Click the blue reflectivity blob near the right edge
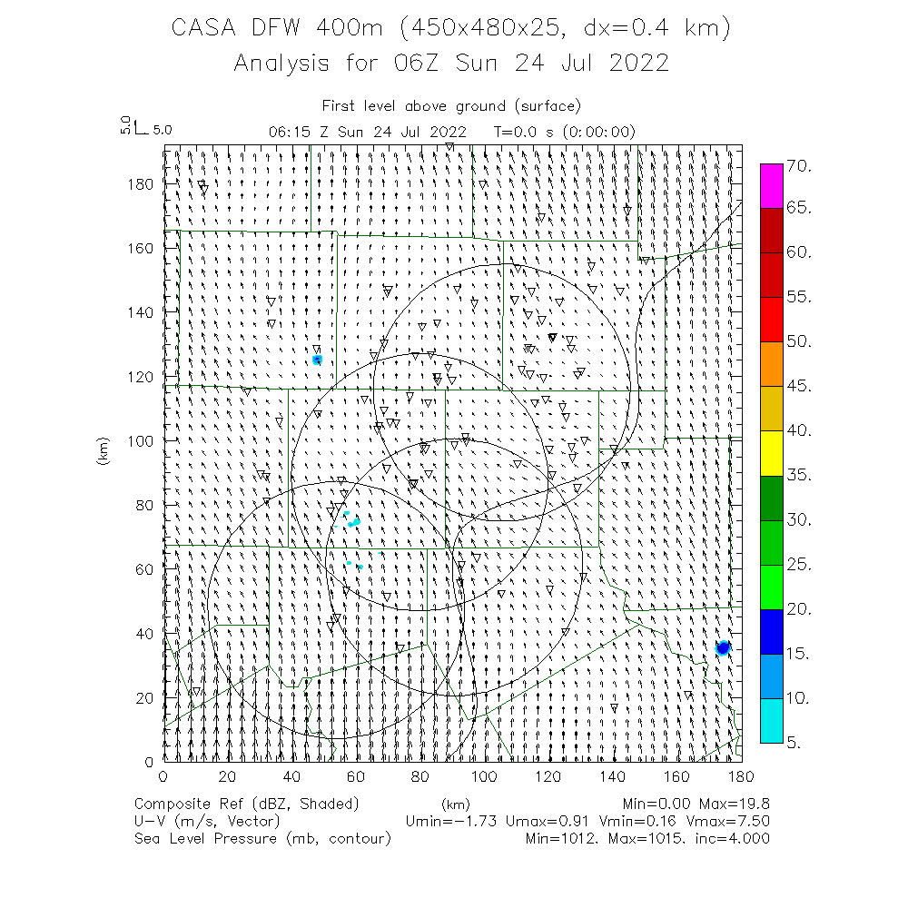pyautogui.click(x=723, y=647)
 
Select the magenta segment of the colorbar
pyautogui.click(x=771, y=186)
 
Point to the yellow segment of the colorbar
pyautogui.click(x=771, y=453)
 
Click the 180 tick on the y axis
pyautogui.click(x=145, y=183)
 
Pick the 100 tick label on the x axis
pyautogui.click(x=484, y=776)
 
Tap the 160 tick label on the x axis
pyautogui.click(x=676, y=776)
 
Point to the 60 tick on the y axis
pyautogui.click(x=148, y=569)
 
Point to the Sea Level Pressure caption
pyautogui.click(x=204, y=838)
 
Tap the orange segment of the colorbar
pyautogui.click(x=771, y=364)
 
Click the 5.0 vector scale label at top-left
pyautogui.click(x=162, y=130)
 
